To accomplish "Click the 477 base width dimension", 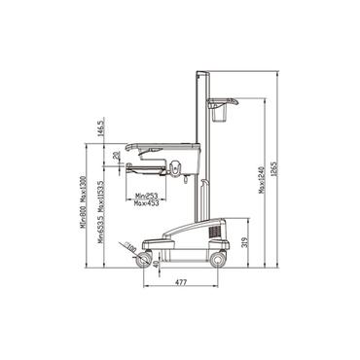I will [181, 282].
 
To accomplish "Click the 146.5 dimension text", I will [101, 127].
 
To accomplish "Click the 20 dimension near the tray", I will [116, 154].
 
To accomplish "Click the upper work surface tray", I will [165, 144].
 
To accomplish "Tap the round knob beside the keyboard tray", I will [177, 168].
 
